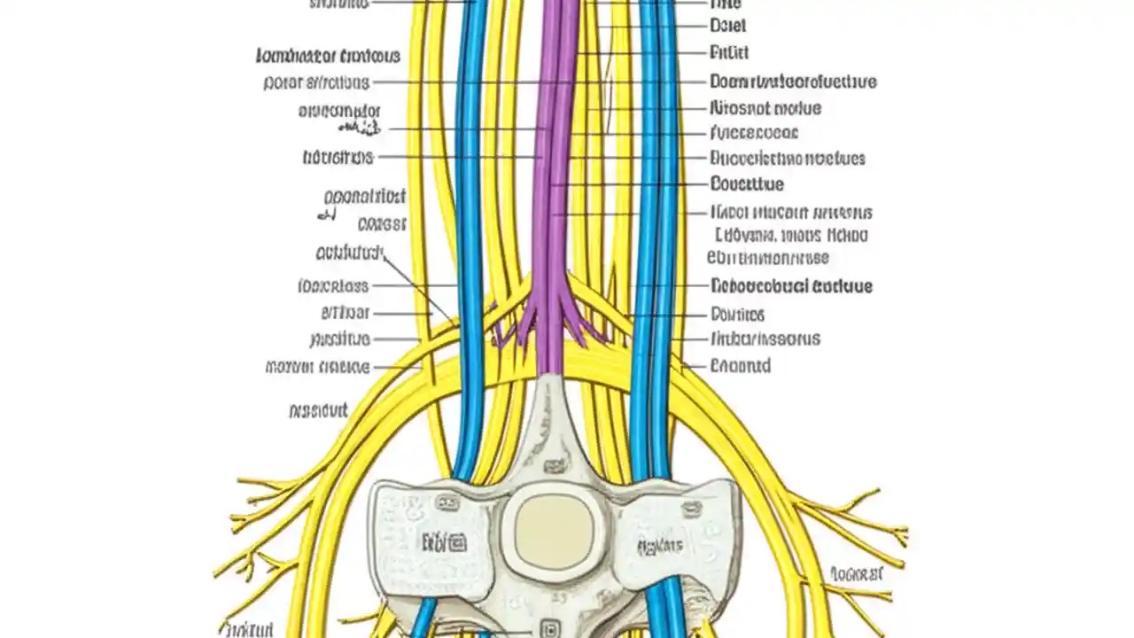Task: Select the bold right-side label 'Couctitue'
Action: click(x=747, y=184)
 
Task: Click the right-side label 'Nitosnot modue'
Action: click(x=765, y=108)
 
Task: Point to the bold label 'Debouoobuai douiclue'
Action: click(x=791, y=286)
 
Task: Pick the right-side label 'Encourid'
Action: click(x=740, y=365)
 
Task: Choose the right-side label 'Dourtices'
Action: click(x=737, y=314)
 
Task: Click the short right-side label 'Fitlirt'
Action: click(x=729, y=52)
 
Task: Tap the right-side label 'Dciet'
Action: click(x=727, y=26)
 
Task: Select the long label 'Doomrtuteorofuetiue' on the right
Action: click(x=793, y=82)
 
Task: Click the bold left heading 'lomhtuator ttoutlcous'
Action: click(x=328, y=57)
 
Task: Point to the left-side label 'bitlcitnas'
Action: click(x=338, y=158)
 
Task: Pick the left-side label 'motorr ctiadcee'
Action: click(x=317, y=366)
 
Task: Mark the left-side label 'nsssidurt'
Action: click(x=318, y=410)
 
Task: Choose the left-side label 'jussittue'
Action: click(x=340, y=338)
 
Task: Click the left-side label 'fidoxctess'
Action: click(x=333, y=286)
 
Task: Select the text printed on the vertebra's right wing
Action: click(x=659, y=544)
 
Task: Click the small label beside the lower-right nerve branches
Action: click(x=857, y=574)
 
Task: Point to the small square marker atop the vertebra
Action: click(x=555, y=464)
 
